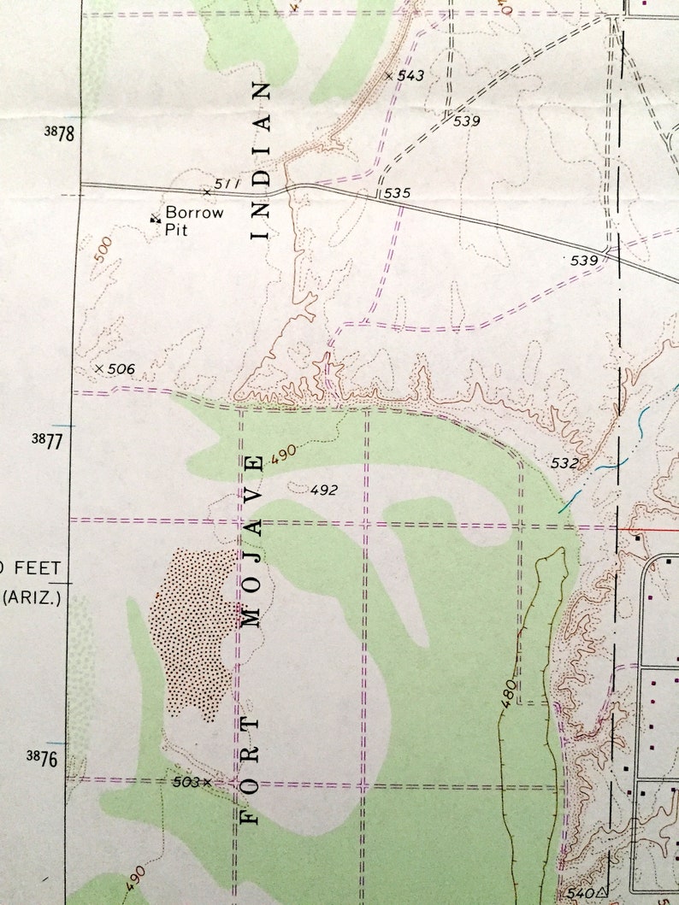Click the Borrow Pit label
pyautogui.click(x=193, y=220)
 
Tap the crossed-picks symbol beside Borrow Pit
pyautogui.click(x=156, y=219)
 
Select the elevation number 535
pyautogui.click(x=397, y=193)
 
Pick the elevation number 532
pyautogui.click(x=564, y=463)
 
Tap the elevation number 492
pyautogui.click(x=324, y=490)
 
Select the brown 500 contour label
pyautogui.click(x=103, y=249)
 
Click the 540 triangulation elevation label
pyautogui.click(x=580, y=893)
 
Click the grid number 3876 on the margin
pyautogui.click(x=48, y=757)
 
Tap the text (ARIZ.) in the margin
pyautogui.click(x=31, y=597)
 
